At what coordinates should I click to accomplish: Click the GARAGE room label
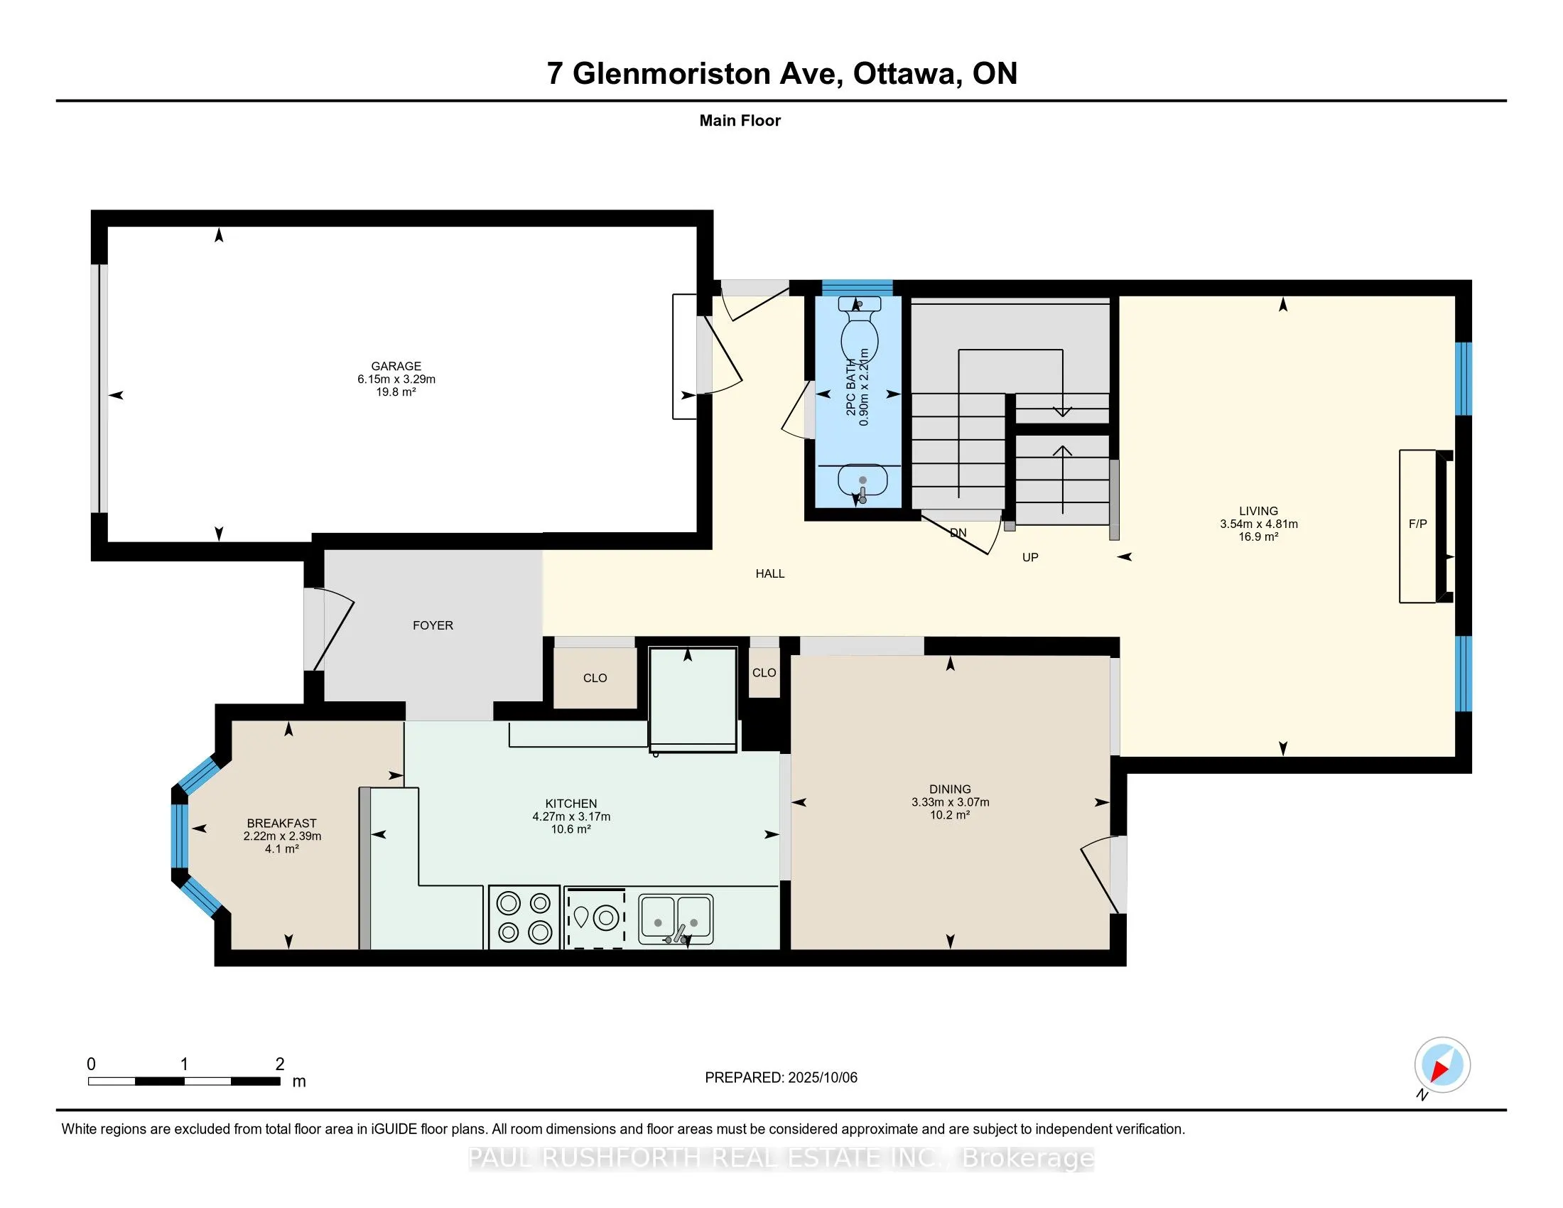click(396, 366)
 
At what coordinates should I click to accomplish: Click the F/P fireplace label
click(1418, 524)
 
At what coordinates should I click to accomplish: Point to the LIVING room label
click(1259, 511)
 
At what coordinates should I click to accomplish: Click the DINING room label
click(951, 789)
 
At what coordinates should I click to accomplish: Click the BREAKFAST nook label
click(281, 823)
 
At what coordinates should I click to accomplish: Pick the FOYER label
click(433, 625)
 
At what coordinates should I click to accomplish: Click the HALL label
click(770, 573)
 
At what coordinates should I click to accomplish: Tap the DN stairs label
click(958, 532)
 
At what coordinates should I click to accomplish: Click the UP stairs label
click(1030, 558)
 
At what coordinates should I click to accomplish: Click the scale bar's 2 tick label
click(280, 1064)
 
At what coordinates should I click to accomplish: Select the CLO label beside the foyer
click(595, 678)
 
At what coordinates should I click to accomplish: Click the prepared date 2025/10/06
click(822, 1078)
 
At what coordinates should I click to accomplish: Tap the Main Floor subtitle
click(740, 120)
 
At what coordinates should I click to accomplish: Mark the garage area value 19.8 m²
click(396, 392)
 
